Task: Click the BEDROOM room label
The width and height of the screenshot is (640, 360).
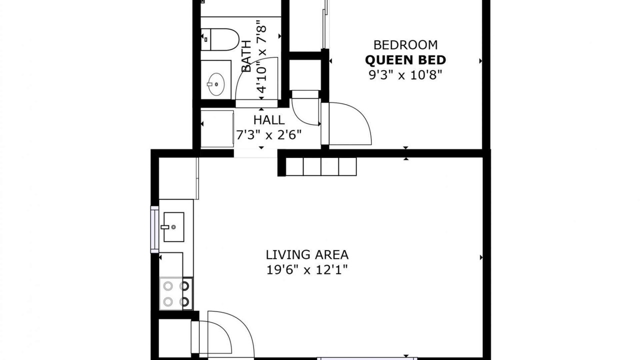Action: (405, 45)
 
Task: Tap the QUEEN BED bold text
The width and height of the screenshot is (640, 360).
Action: (405, 60)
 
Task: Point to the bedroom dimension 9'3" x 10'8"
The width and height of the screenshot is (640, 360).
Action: (405, 75)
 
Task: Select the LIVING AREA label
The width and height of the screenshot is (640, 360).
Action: (307, 254)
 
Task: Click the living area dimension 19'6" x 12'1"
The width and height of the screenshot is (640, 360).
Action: (307, 269)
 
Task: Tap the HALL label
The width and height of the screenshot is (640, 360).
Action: (269, 120)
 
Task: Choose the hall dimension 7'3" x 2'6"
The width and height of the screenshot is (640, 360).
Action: (269, 135)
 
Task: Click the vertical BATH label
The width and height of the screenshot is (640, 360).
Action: (246, 56)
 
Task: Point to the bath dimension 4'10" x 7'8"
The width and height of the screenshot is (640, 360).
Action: (261, 56)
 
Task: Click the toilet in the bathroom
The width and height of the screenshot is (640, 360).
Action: (219, 39)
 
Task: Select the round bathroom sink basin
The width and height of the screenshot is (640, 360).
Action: (216, 84)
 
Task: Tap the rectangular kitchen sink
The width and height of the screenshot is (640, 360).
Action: (173, 227)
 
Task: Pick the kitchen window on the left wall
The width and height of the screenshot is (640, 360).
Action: (154, 229)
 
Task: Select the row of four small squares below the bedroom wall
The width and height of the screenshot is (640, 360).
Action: (321, 166)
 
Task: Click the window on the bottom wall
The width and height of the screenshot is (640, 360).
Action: (367, 358)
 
